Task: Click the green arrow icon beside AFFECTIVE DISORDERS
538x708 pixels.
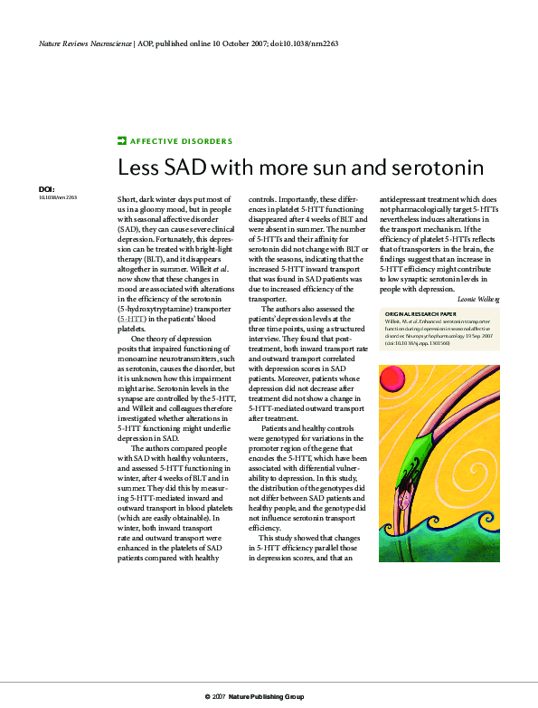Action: coord(122,141)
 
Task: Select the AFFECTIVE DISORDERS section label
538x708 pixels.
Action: coord(181,141)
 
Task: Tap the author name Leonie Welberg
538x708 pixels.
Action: coord(477,298)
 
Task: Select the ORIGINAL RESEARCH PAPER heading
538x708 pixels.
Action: coord(421,315)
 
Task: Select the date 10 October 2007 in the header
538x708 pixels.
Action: coord(236,43)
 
